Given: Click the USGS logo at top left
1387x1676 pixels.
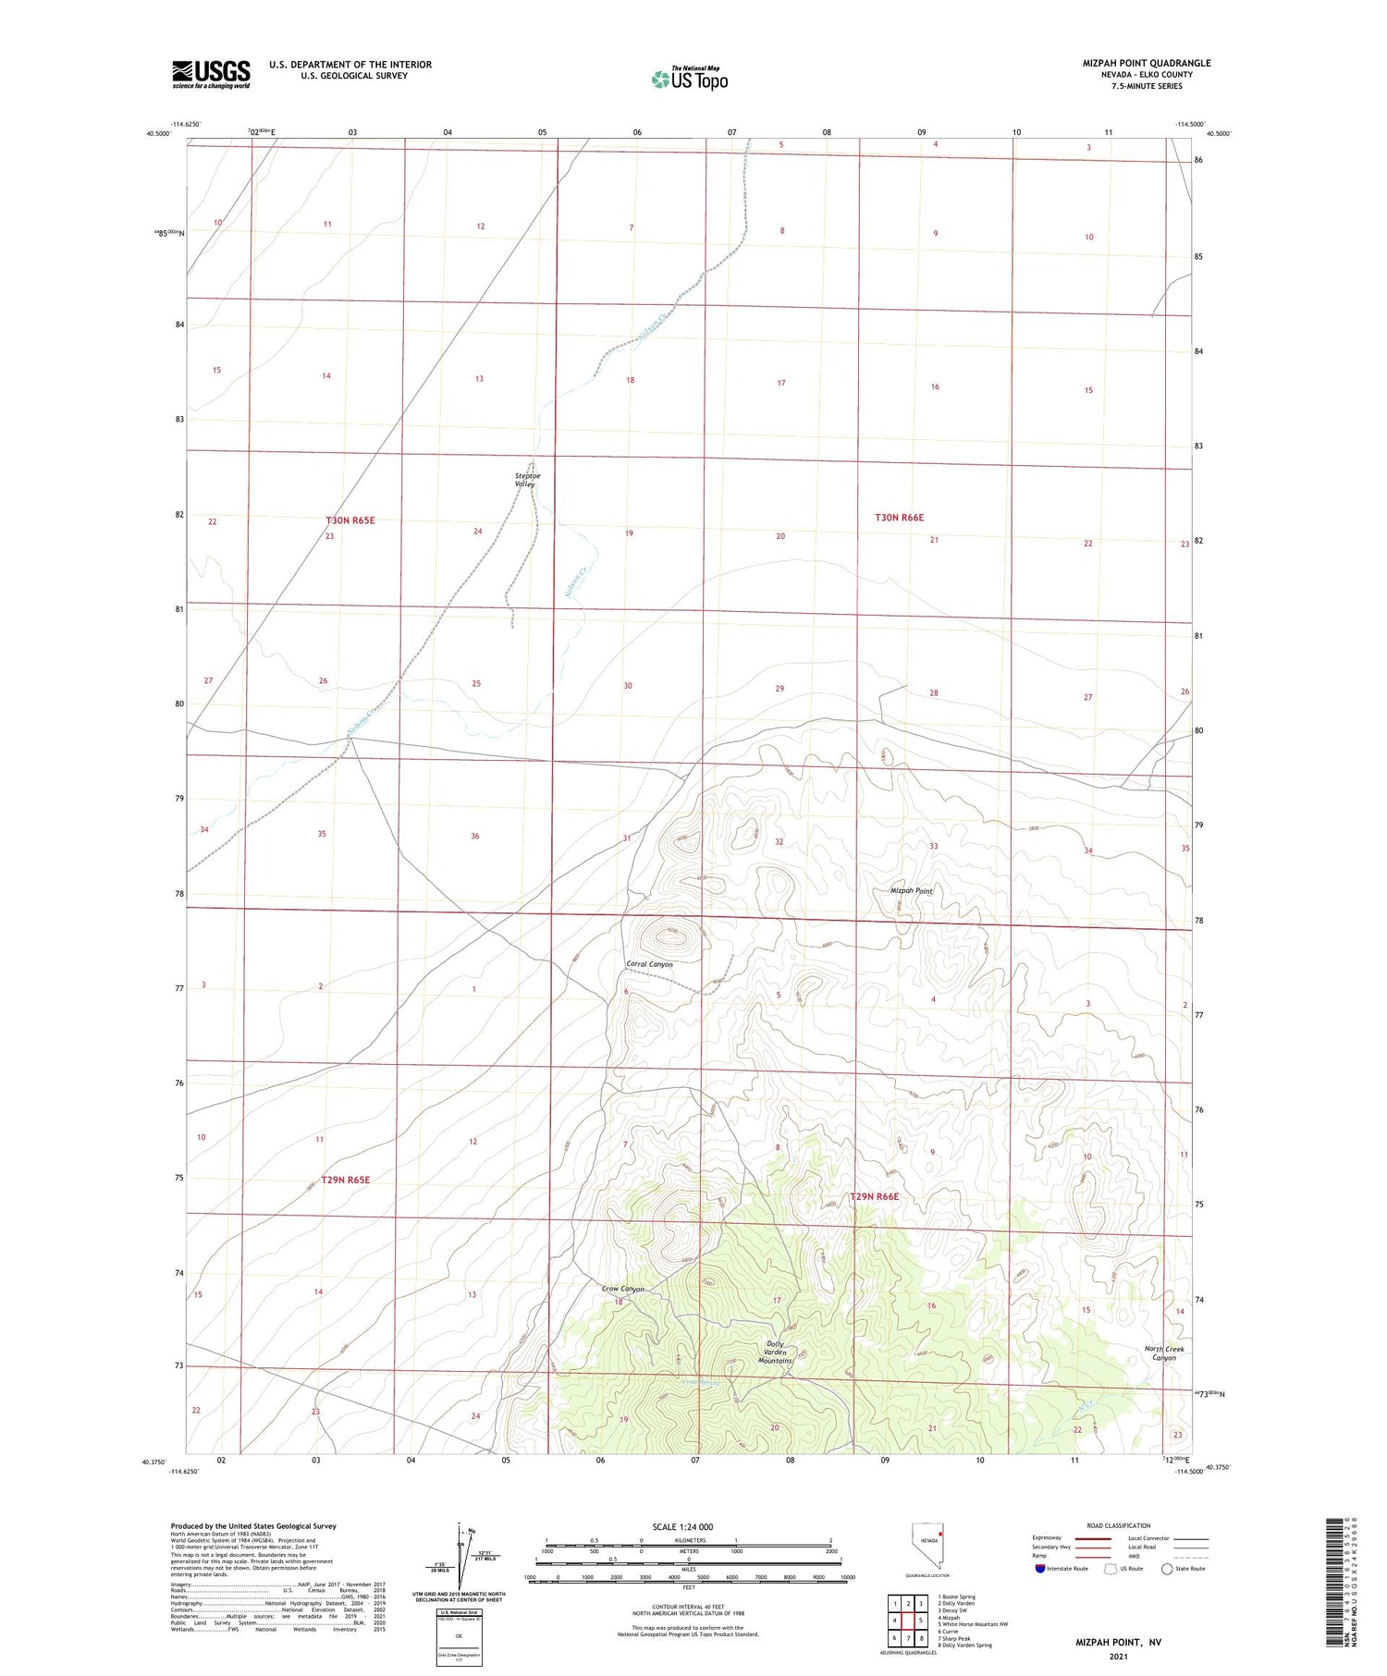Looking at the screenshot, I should click(211, 74).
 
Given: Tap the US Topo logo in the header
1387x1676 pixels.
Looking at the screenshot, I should click(690, 79).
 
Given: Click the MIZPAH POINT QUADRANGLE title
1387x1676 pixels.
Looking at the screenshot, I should click(1146, 64).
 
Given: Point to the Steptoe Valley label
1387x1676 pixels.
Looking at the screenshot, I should click(527, 480).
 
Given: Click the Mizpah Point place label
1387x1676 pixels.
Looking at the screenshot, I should click(911, 891).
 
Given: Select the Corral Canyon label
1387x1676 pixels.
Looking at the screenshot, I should click(650, 964).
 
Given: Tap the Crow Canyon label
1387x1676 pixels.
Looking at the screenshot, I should click(623, 1289).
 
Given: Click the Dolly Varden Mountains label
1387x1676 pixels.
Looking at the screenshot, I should click(775, 1352).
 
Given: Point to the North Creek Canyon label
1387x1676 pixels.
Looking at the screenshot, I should click(1164, 1353).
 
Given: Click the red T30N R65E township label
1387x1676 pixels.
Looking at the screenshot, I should click(350, 520).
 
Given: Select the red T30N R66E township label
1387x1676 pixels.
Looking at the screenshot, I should click(899, 518).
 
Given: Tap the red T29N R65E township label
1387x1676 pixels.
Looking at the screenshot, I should click(345, 1180).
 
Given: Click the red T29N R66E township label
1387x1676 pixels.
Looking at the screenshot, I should click(874, 1196).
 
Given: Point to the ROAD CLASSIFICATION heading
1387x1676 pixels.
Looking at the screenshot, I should click(1119, 1525).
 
